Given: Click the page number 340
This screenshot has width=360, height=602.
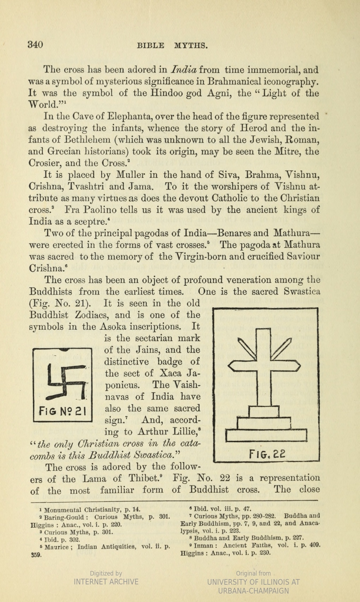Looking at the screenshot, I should tap(35, 45).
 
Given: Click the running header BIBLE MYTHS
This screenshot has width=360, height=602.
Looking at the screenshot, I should tap(172, 45).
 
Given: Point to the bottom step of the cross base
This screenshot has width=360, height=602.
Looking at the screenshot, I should tap(266, 436).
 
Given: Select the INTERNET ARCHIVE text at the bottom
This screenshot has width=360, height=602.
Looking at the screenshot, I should tap(106, 582).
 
